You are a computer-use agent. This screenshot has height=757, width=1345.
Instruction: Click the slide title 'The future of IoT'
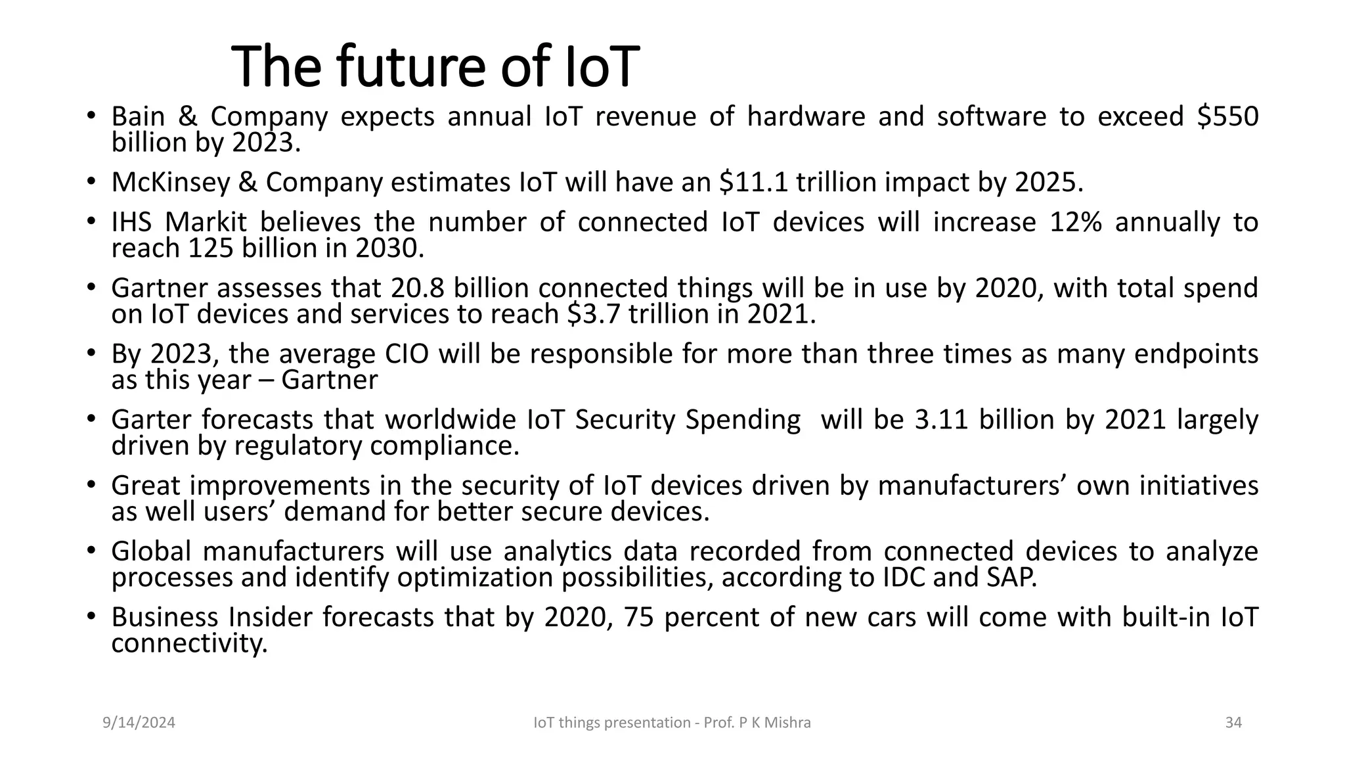435,66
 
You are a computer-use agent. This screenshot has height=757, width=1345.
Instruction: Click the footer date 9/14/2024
139,723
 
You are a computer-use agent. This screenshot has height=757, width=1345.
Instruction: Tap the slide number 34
1233,723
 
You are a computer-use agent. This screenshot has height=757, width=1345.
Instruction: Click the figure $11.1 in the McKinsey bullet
753,183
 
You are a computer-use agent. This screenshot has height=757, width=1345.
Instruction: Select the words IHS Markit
179,222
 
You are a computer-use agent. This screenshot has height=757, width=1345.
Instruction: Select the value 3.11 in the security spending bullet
941,420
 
